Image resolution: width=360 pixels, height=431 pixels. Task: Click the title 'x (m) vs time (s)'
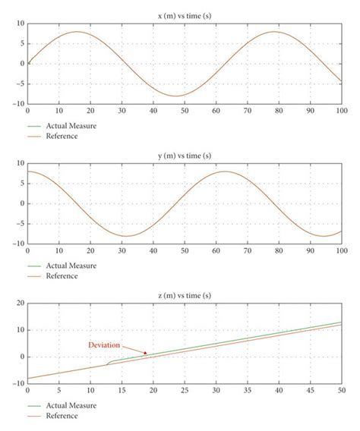coord(185,14)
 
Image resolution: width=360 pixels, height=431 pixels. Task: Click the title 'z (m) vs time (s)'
coord(185,294)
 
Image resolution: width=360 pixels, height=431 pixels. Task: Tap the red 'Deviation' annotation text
coord(104,344)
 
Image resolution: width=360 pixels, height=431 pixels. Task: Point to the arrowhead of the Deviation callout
coord(146,354)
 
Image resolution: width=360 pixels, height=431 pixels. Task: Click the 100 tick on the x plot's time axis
coord(340,111)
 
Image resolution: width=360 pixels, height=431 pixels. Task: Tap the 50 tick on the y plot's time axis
coord(185,251)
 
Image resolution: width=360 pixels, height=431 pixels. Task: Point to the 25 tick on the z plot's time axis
coord(185,391)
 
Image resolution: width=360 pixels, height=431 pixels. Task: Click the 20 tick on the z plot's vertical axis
coord(19,304)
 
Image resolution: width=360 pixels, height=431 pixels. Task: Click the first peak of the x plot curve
coord(77,32)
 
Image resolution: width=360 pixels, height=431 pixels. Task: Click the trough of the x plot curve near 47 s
coord(175,96)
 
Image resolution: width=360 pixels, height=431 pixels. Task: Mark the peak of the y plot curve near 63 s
coord(225,171)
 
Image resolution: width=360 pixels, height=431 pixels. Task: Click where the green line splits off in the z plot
coord(107,365)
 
